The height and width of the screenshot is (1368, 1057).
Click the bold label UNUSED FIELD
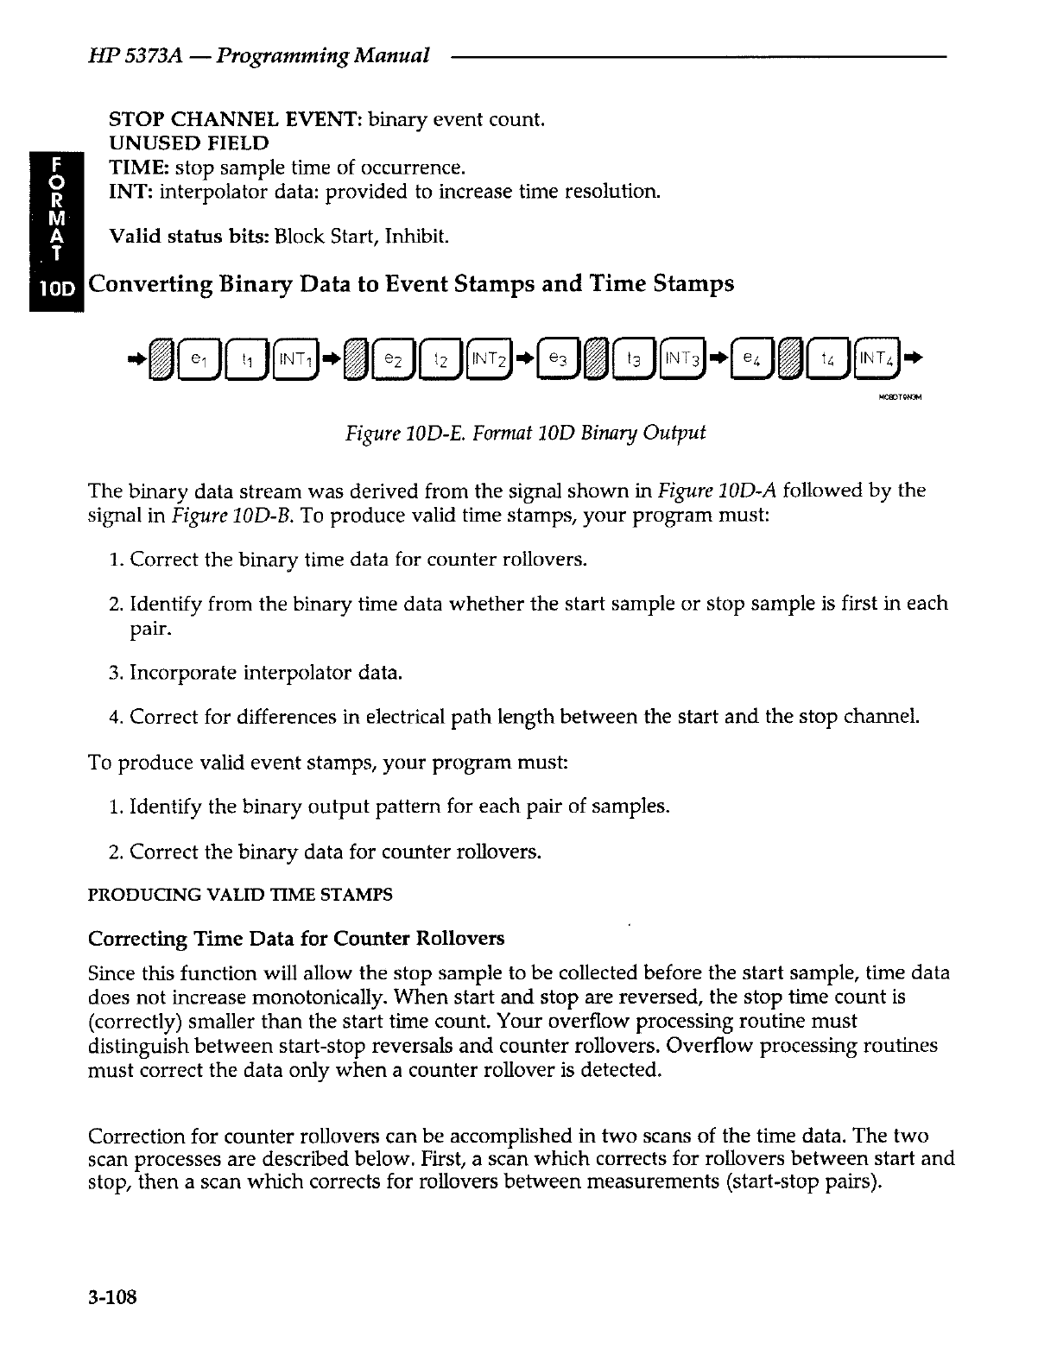[187, 142]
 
